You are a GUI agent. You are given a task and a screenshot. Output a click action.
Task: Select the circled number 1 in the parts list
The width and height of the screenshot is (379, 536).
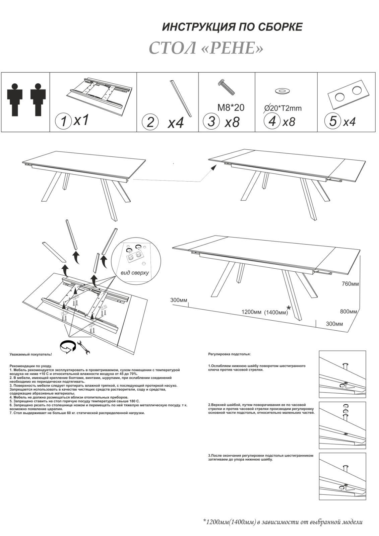click(63, 121)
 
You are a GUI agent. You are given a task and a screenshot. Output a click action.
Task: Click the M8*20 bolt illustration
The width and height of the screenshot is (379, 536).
click(227, 87)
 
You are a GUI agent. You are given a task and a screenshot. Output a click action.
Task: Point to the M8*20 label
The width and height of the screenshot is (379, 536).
click(231, 108)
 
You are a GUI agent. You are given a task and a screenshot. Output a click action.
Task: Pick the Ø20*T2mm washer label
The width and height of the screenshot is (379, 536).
click(283, 108)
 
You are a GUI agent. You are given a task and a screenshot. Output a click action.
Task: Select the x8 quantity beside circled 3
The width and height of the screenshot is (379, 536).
click(232, 122)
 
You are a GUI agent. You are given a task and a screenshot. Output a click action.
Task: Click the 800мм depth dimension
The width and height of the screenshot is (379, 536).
click(349, 311)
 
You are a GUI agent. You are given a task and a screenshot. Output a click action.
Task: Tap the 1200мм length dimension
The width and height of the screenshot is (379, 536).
click(251, 312)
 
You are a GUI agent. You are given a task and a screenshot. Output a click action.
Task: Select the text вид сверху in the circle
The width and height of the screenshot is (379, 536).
click(135, 273)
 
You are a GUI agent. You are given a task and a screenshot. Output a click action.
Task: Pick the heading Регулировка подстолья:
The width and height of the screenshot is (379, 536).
click(229, 354)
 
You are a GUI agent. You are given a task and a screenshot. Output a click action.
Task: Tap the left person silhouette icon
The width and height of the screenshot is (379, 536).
click(15, 98)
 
